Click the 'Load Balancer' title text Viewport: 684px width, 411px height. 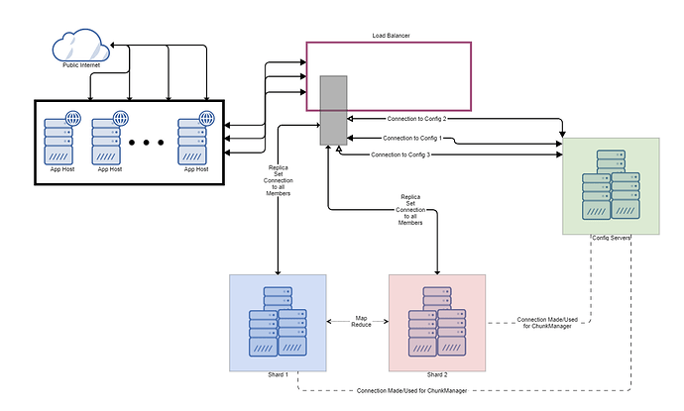tap(388, 36)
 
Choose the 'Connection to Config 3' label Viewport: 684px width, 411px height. tap(407, 155)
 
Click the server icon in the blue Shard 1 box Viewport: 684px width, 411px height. tap(278, 323)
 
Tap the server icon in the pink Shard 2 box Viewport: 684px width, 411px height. tap(437, 323)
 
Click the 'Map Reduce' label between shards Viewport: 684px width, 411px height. tap(361, 322)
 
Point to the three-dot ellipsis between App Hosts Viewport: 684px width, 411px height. tap(146, 143)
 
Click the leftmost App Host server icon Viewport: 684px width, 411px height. tap(59, 139)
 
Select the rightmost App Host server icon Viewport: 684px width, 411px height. tap(195, 139)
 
